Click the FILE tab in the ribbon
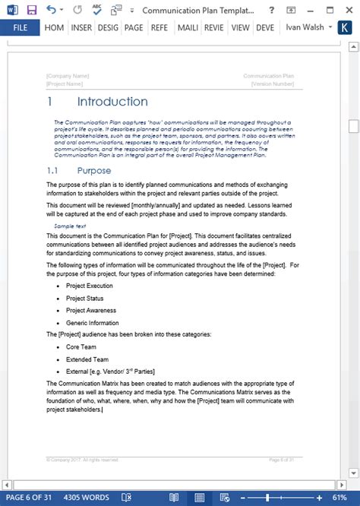pos(21,28)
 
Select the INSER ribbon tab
pos(81,28)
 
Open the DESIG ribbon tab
pos(109,28)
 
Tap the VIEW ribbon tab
pos(240,28)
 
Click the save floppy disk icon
pos(32,10)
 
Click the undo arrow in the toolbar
pos(50,10)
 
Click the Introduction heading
pos(112,102)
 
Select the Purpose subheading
pos(93,171)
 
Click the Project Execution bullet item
pos(89,286)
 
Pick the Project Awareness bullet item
pos(90,310)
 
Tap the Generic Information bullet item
pos(91,322)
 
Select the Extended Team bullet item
pos(87,359)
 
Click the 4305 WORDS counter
pos(86,498)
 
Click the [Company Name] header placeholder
pos(68,76)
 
